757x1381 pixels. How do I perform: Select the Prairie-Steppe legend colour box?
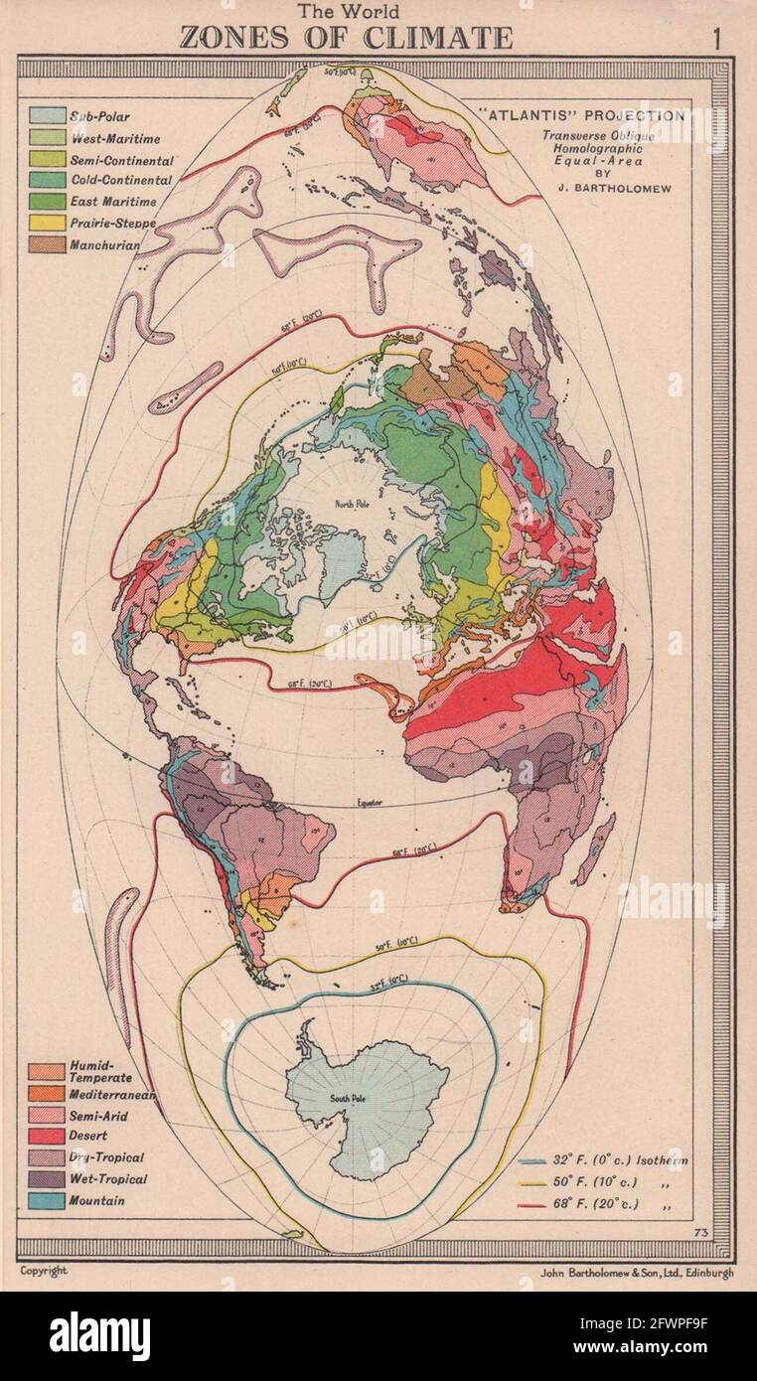47,223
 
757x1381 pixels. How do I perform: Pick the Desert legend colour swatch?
47,1136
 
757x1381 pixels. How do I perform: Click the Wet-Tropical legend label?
108,1179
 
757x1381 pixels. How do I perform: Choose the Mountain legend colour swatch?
47,1200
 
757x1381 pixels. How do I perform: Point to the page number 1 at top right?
715,39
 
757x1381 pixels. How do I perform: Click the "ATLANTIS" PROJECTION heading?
586,115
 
